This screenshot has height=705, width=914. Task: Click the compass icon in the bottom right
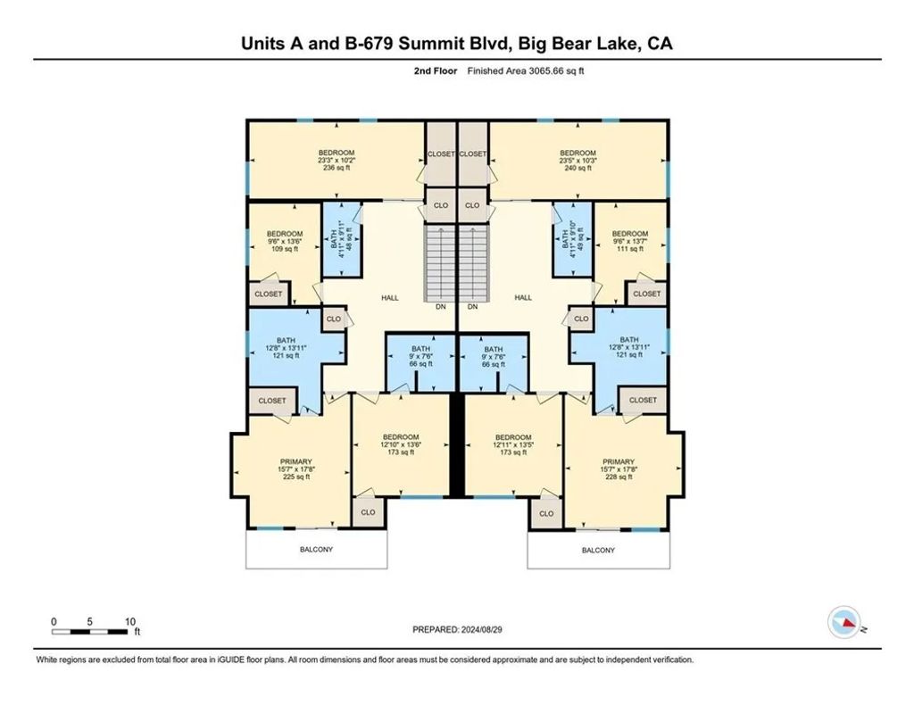click(x=844, y=622)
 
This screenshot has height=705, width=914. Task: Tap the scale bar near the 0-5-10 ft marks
click(x=90, y=632)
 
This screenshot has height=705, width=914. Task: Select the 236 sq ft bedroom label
click(x=337, y=161)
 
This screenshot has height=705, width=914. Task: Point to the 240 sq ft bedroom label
click(x=577, y=161)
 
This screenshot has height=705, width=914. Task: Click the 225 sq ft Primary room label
click(x=296, y=469)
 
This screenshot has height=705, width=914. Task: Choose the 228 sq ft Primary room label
click(x=619, y=469)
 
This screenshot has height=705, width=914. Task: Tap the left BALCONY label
click(x=317, y=550)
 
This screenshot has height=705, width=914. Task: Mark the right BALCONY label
click(x=598, y=550)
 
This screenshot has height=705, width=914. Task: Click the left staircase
click(x=439, y=262)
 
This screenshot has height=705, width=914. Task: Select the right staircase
click(x=474, y=262)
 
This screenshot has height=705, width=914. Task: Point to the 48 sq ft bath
click(x=342, y=239)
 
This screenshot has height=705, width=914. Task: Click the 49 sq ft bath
click(x=572, y=239)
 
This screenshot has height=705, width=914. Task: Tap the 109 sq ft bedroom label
click(x=285, y=241)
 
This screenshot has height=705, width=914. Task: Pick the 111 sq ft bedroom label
click(x=630, y=241)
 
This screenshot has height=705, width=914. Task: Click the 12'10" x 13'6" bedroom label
click(x=401, y=444)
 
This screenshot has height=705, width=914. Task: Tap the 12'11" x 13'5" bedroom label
click(x=513, y=444)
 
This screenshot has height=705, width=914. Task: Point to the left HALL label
click(x=390, y=298)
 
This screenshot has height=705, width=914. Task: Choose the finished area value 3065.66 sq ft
click(x=556, y=71)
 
